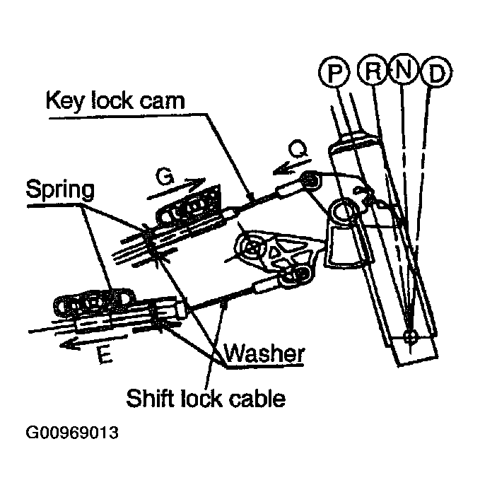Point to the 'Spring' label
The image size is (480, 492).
62,189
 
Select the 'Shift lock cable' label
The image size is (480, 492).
206,398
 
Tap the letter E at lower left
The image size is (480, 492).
103,356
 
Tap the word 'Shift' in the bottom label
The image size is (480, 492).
150,398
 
